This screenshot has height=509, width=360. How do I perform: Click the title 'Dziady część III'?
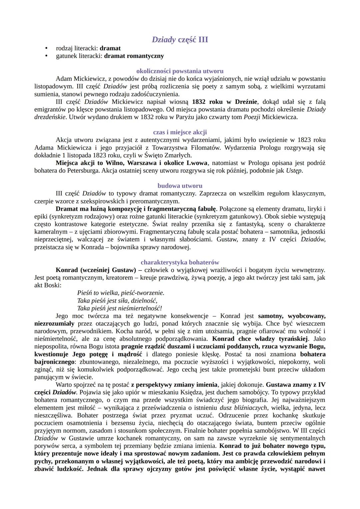(180, 40)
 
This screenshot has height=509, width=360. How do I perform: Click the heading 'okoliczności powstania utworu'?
(180, 71)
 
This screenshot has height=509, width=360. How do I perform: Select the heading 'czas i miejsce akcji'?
(180, 132)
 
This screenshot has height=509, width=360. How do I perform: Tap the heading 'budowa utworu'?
(180, 186)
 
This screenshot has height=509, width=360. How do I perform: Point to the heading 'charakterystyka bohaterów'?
(180, 262)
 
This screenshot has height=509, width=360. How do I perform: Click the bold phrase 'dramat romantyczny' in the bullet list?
(134, 56)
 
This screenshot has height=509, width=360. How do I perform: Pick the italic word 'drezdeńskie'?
(50, 117)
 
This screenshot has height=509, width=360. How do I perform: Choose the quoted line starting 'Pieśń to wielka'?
(120, 293)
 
